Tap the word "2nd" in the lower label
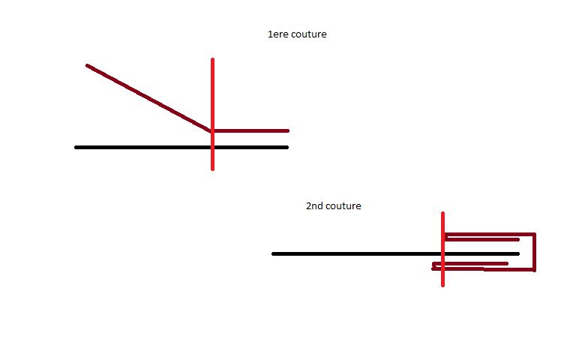[x=314, y=205]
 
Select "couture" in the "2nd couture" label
[x=343, y=206]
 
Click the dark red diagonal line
[x=148, y=98]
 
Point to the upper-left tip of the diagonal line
[x=87, y=66]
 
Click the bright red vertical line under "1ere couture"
[x=213, y=114]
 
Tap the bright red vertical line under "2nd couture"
[x=442, y=249]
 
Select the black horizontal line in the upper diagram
[x=181, y=147]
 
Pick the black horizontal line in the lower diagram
[x=396, y=253]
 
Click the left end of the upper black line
[x=76, y=147]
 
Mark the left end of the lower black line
[x=273, y=253]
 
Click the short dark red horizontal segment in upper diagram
[x=250, y=130]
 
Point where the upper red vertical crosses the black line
[x=213, y=147]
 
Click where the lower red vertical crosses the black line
[x=442, y=253]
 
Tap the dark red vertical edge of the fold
[x=535, y=252]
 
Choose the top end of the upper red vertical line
[x=213, y=58]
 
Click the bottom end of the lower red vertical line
[x=442, y=286]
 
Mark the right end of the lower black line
[x=518, y=253]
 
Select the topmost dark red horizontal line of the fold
[x=490, y=234]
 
